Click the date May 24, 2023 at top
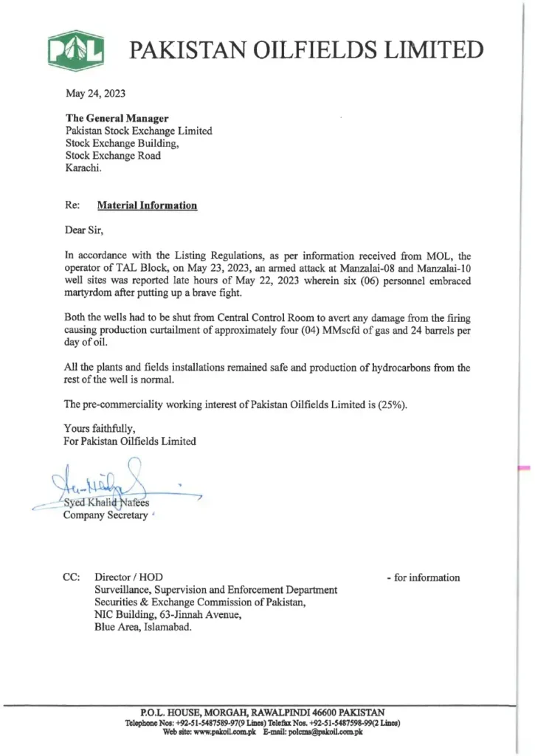click(95, 93)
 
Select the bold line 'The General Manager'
click(117, 118)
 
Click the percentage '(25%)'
click(390, 405)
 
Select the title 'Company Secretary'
click(105, 515)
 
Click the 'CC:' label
click(72, 577)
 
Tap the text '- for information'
click(423, 577)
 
